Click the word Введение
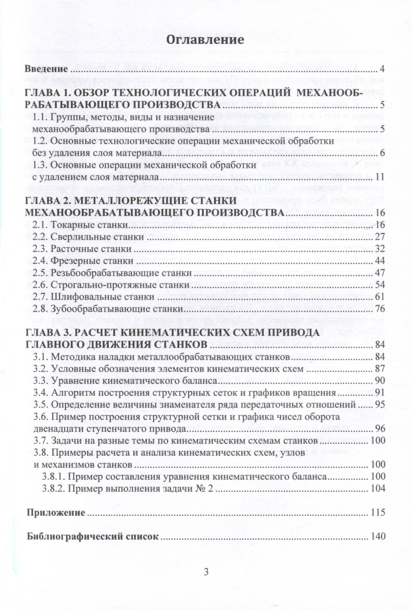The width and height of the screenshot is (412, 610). click(46, 69)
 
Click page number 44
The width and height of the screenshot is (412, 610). click(380, 261)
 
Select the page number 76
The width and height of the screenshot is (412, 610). click(380, 309)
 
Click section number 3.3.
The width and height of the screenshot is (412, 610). click(41, 381)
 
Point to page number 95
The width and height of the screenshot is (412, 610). click(380, 405)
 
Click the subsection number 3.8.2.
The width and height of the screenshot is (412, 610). click(53, 488)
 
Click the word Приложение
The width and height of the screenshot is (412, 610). click(56, 513)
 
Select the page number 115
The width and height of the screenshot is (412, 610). click(378, 513)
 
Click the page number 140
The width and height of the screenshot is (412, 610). click(378, 536)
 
